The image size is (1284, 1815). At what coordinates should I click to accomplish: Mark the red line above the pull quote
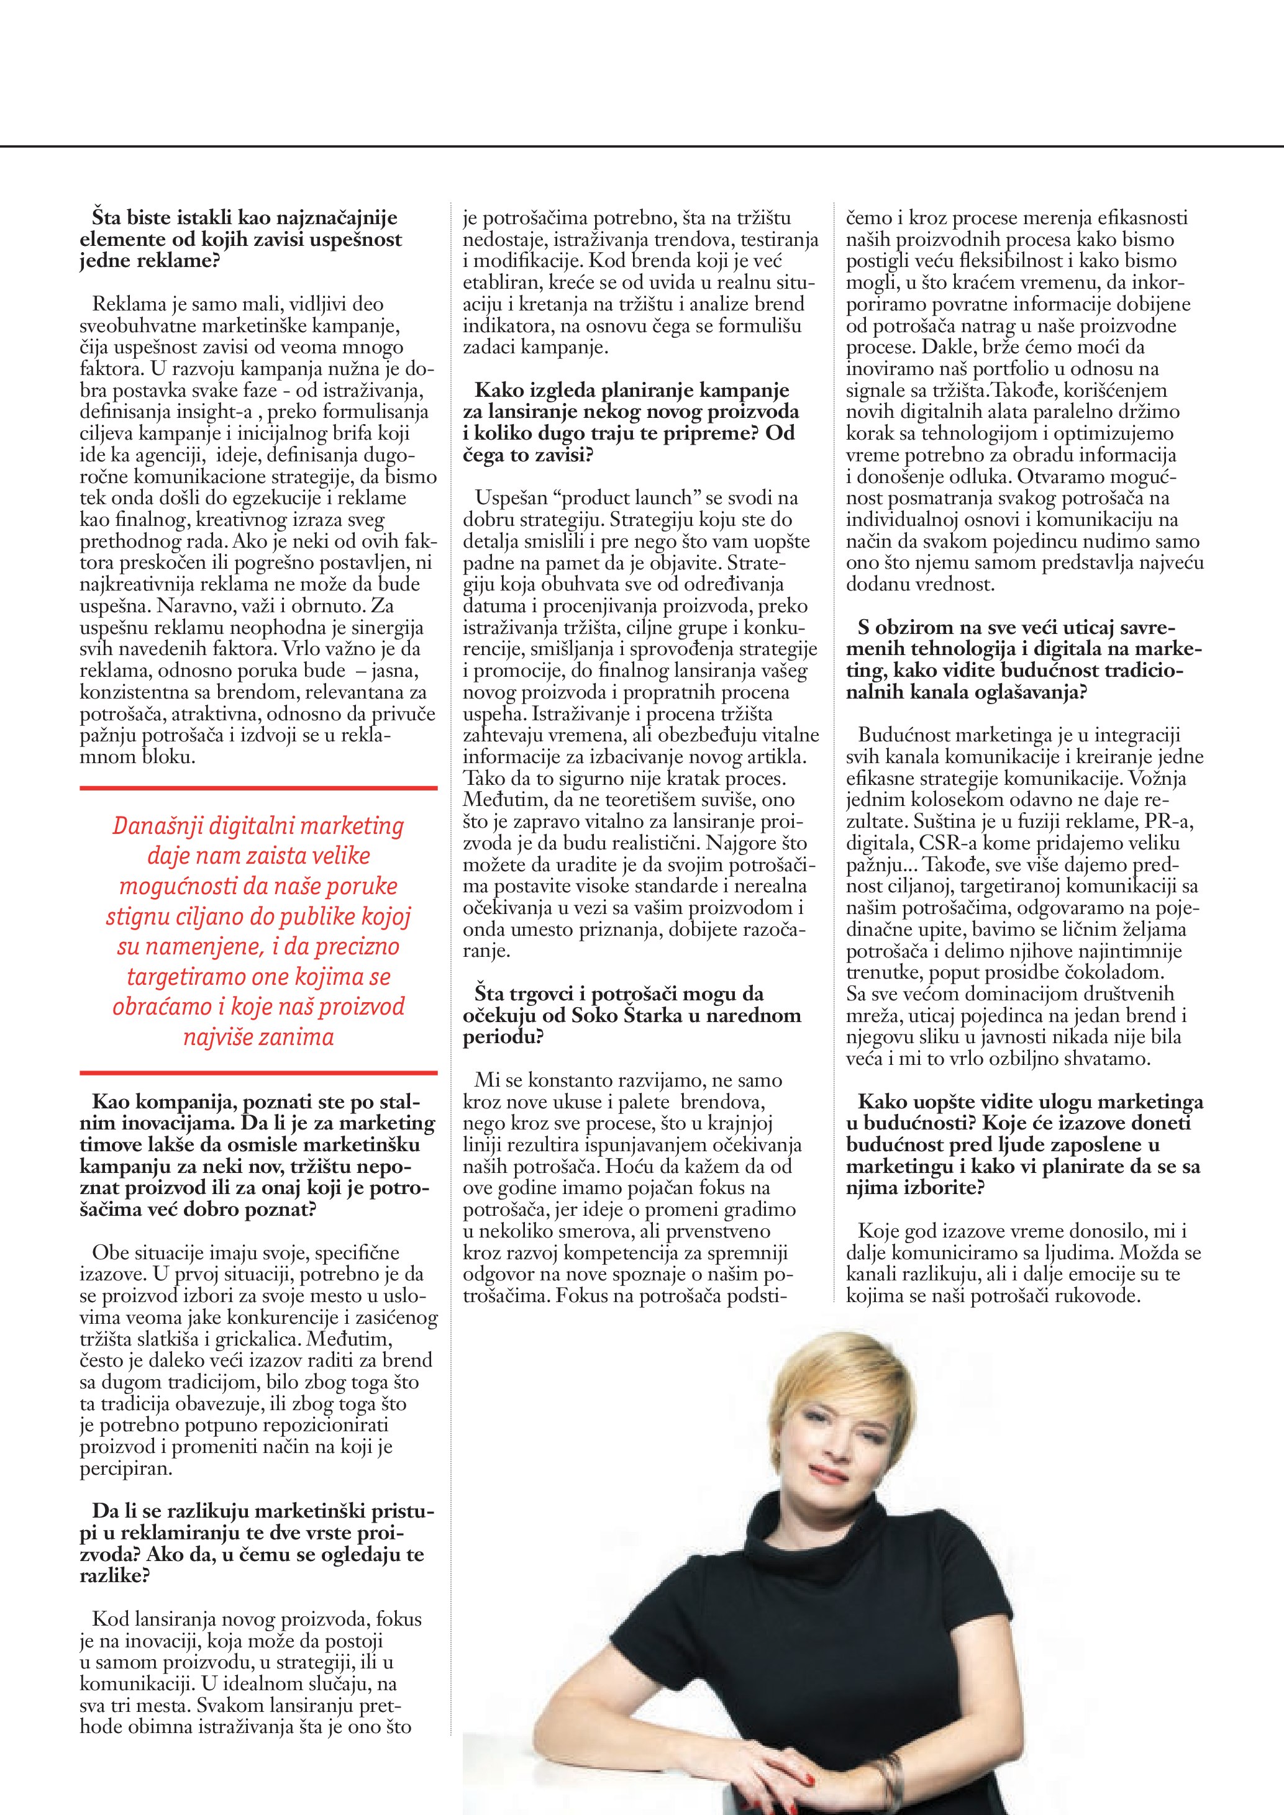click(x=258, y=788)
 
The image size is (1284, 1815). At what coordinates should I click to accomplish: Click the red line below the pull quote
click(x=258, y=1073)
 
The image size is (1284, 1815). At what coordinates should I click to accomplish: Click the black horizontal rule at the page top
click(x=642, y=147)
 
